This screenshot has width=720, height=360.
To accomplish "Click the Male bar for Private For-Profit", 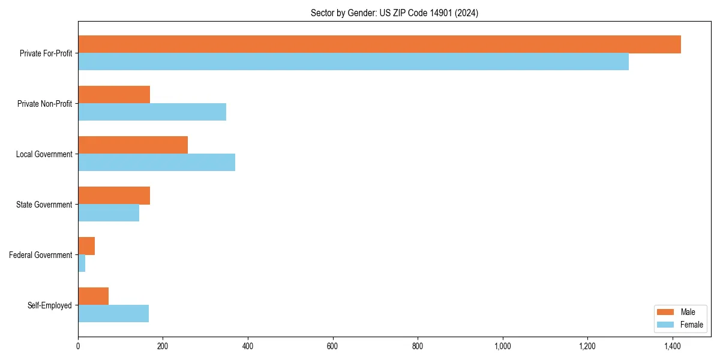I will click(x=379, y=44).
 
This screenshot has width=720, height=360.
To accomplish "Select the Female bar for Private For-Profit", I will click(x=353, y=62).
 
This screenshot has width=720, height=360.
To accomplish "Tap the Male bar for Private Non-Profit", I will click(x=114, y=95).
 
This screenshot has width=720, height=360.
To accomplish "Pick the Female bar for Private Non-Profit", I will click(x=152, y=112).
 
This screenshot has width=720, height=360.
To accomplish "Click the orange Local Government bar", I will click(x=133, y=145).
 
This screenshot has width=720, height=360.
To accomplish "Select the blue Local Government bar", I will click(x=157, y=163).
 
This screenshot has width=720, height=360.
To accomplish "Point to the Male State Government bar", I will click(x=114, y=196).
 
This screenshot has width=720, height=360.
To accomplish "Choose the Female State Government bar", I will click(x=109, y=213).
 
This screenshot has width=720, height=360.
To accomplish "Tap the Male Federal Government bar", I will click(x=86, y=246).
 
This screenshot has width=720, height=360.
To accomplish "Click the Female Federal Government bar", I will click(x=82, y=263).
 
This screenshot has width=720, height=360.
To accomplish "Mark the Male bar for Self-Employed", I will click(x=93, y=296).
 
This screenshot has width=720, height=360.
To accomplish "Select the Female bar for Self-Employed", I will click(x=113, y=314).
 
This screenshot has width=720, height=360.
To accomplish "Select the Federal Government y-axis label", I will click(x=40, y=255).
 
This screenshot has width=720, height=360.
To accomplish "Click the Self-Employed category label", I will click(x=49, y=305).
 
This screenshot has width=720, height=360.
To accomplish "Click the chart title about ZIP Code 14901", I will click(x=394, y=13).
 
